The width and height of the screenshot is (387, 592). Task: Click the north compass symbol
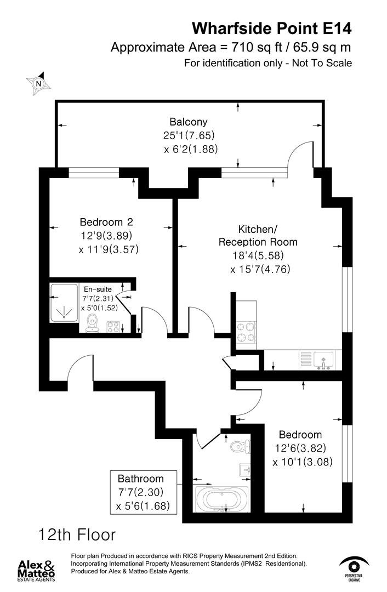(x=38, y=83)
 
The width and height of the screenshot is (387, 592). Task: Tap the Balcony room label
(x=189, y=122)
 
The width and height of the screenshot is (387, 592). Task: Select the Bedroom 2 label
(x=106, y=222)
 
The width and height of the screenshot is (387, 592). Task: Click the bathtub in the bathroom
(x=221, y=499)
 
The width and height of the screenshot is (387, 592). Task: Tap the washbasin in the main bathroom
(x=244, y=470)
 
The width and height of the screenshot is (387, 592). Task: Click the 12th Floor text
(x=77, y=533)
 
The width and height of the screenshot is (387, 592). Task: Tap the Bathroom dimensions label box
(x=144, y=492)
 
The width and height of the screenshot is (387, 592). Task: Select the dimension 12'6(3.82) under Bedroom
(x=300, y=448)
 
